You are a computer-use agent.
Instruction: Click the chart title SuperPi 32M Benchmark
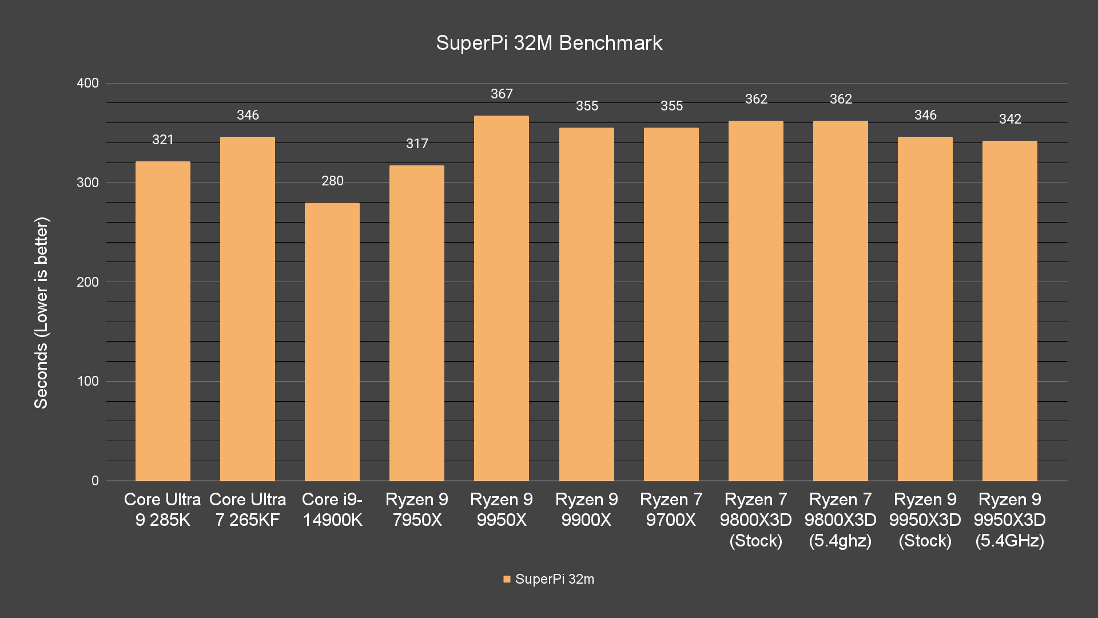click(549, 43)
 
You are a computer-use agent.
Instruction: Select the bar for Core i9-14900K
click(332, 342)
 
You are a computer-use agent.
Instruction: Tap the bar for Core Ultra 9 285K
click(163, 321)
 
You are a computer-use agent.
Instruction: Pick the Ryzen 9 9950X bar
click(502, 298)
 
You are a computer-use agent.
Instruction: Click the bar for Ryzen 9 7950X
click(417, 323)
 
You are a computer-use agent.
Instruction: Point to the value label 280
click(332, 181)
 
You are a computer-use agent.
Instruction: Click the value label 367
click(502, 94)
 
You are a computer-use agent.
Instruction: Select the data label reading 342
click(1010, 119)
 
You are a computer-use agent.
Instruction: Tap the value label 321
click(163, 140)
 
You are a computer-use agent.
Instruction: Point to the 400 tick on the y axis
click(87, 83)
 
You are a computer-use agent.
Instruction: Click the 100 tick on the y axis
click(87, 381)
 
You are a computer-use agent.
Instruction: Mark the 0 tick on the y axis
click(95, 481)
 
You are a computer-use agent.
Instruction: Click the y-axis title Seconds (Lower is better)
click(41, 312)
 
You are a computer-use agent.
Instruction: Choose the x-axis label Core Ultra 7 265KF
click(248, 509)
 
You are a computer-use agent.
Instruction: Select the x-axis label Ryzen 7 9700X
click(671, 509)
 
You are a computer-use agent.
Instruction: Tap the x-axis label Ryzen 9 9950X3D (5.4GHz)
click(1010, 520)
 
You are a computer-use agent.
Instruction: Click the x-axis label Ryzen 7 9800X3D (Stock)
click(756, 520)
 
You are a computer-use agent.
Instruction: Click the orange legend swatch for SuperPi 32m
click(507, 579)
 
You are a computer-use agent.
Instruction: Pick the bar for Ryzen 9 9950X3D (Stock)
click(925, 309)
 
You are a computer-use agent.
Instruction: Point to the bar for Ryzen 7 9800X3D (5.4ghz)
click(841, 301)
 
